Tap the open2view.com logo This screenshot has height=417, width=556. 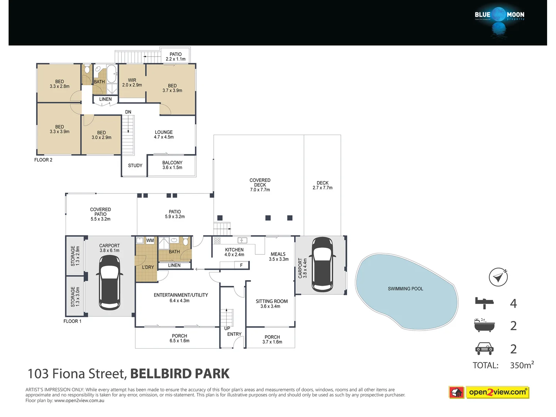pyautogui.click(x=489, y=392)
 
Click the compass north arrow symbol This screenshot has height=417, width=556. pyautogui.click(x=498, y=277)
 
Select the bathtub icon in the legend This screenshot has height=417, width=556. pyautogui.click(x=484, y=325)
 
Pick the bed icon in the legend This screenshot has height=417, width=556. pyautogui.click(x=484, y=303)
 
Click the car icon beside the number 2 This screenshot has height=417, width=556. pyautogui.click(x=484, y=349)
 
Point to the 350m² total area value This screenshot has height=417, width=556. pyautogui.click(x=522, y=365)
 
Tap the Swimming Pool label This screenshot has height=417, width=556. pyautogui.click(x=405, y=289)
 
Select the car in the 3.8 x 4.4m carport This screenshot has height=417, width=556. pyautogui.click(x=322, y=264)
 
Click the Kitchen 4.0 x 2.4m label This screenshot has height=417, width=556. pyautogui.click(x=234, y=252)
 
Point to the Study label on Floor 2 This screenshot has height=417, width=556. pyautogui.click(x=135, y=166)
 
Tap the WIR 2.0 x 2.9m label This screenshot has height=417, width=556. pyautogui.click(x=132, y=83)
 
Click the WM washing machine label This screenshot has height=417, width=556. pyautogui.click(x=150, y=241)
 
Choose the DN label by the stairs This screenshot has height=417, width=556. pyautogui.click(x=128, y=112)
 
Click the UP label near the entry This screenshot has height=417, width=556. pyautogui.click(x=227, y=329)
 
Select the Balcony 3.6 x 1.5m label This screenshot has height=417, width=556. pyautogui.click(x=172, y=165)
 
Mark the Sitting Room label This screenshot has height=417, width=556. pyautogui.click(x=271, y=303)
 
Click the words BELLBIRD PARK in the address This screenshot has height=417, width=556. pyautogui.click(x=180, y=374)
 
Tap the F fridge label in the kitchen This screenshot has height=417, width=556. pyautogui.click(x=241, y=265)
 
